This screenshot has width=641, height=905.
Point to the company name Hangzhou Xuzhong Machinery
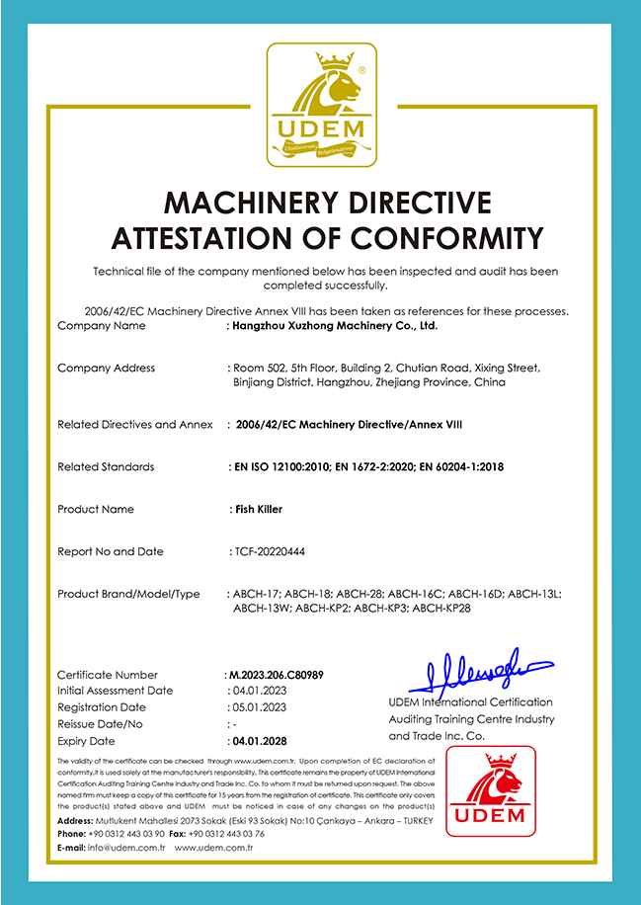pyautogui.click(x=334, y=325)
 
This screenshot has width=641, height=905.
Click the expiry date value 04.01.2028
pyautogui.click(x=258, y=740)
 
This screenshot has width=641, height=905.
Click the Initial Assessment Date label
pyautogui.click(x=115, y=691)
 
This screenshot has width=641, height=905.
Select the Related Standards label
pyautogui.click(x=106, y=466)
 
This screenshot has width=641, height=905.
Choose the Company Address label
pyautogui.click(x=106, y=368)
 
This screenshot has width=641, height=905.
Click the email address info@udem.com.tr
pyautogui.click(x=123, y=848)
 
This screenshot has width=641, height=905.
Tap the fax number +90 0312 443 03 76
pyautogui.click(x=226, y=834)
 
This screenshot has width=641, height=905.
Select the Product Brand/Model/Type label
pyautogui.click(x=128, y=594)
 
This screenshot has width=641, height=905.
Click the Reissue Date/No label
pyautogui.click(x=100, y=724)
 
